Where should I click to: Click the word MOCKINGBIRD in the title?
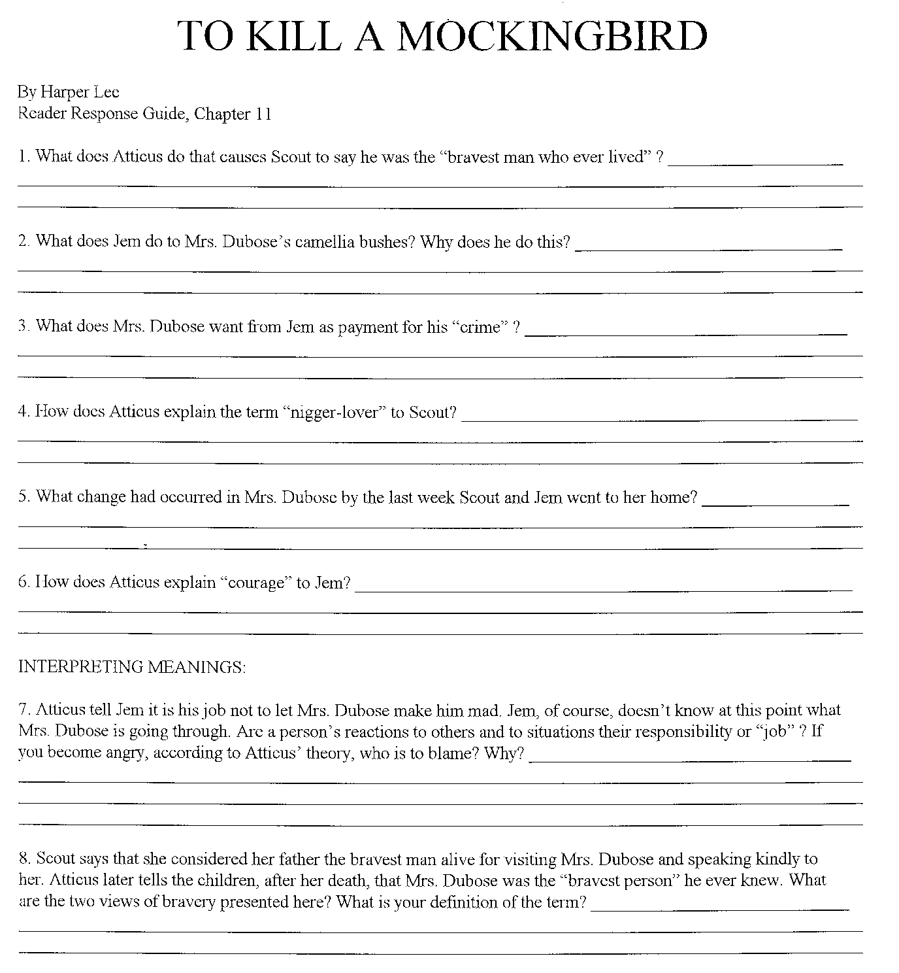(x=552, y=36)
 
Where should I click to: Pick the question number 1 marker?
(x=24, y=157)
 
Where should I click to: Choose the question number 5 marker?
(x=24, y=497)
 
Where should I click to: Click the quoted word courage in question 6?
(x=258, y=583)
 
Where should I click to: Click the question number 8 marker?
(x=24, y=859)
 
